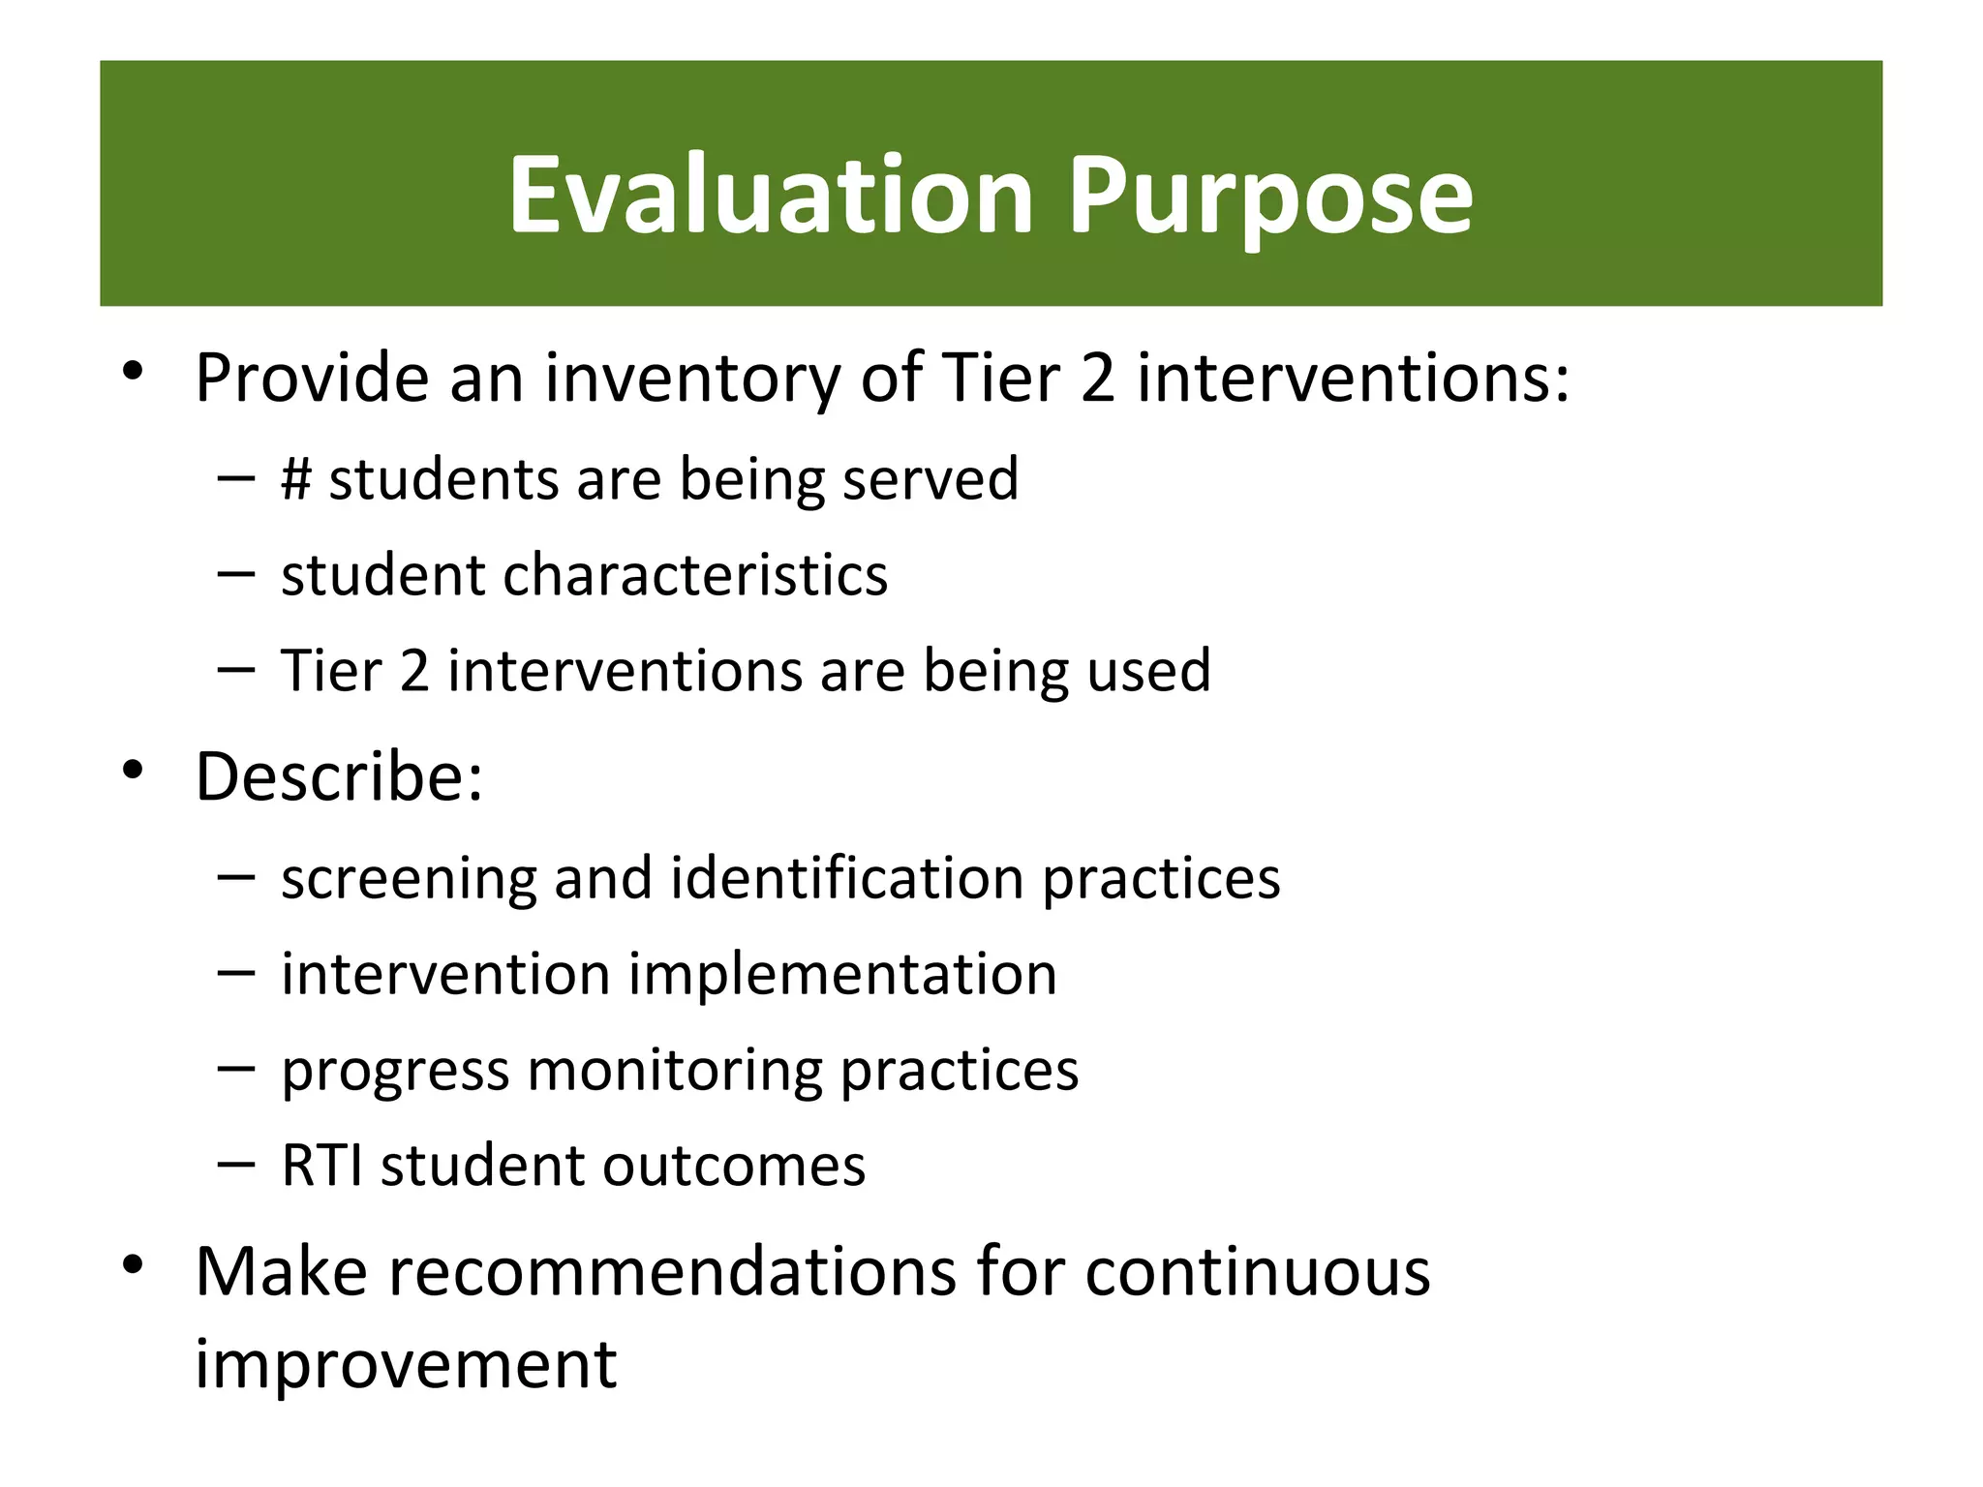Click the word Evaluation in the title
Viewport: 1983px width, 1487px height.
pos(771,196)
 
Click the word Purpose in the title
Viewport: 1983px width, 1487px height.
pos(1269,196)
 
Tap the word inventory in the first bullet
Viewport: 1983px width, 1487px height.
pos(692,378)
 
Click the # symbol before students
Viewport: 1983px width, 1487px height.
pos(296,478)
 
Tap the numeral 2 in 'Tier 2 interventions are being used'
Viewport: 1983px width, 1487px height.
pos(414,670)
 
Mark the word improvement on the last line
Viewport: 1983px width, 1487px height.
pos(406,1365)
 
